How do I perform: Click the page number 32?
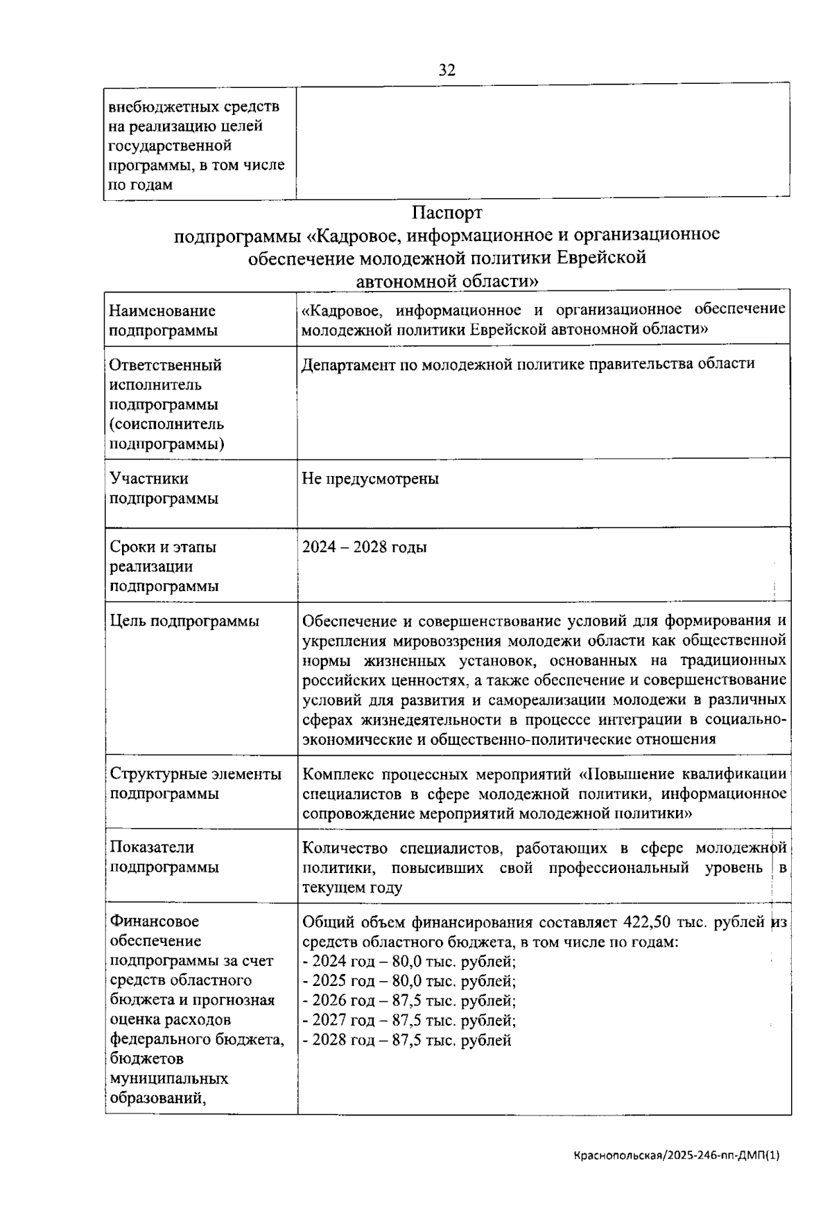click(x=447, y=70)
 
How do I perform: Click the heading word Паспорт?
click(x=447, y=211)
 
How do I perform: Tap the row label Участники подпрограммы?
click(x=164, y=488)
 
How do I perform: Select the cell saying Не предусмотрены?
click(x=370, y=479)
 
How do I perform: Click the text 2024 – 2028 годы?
click(x=365, y=547)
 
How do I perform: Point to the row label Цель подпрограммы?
click(x=184, y=621)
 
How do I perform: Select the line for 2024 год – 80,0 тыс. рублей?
click(x=409, y=962)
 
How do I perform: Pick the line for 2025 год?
click(x=409, y=981)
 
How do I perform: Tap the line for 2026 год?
click(x=409, y=1001)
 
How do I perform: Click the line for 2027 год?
click(x=409, y=1020)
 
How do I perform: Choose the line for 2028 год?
click(x=408, y=1040)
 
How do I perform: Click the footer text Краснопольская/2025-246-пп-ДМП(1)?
click(x=677, y=1155)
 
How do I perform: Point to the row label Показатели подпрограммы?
click(x=164, y=857)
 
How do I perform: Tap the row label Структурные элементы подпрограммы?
click(x=196, y=784)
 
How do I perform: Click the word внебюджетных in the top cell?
click(x=165, y=107)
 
